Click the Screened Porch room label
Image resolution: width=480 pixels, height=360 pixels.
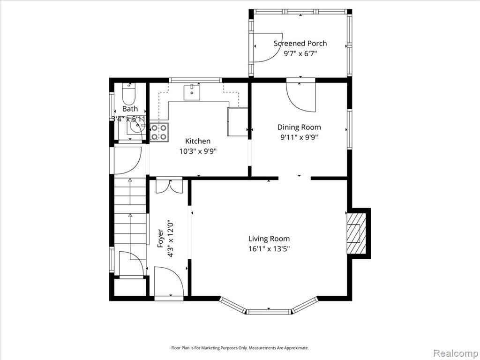tap(300, 44)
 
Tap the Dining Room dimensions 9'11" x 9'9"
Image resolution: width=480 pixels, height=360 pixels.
tap(299, 137)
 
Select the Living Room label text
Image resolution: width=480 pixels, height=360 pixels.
tap(269, 239)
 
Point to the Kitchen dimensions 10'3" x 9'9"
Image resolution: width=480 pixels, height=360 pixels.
tap(198, 151)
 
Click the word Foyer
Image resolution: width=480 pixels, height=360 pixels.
tap(160, 238)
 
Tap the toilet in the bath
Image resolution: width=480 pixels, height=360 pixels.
tap(129, 94)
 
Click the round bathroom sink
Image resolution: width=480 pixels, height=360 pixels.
tap(136, 125)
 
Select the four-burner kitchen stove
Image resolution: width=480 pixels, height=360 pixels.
tap(159, 132)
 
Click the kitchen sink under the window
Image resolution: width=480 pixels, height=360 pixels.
tap(192, 93)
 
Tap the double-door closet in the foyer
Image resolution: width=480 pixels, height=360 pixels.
tap(169, 187)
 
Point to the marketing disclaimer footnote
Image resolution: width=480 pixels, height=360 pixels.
tap(240, 348)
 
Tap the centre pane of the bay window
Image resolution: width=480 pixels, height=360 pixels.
tap(269, 312)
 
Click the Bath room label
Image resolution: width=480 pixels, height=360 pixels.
tap(130, 109)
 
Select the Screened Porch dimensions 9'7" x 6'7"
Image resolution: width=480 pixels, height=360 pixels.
tap(300, 54)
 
